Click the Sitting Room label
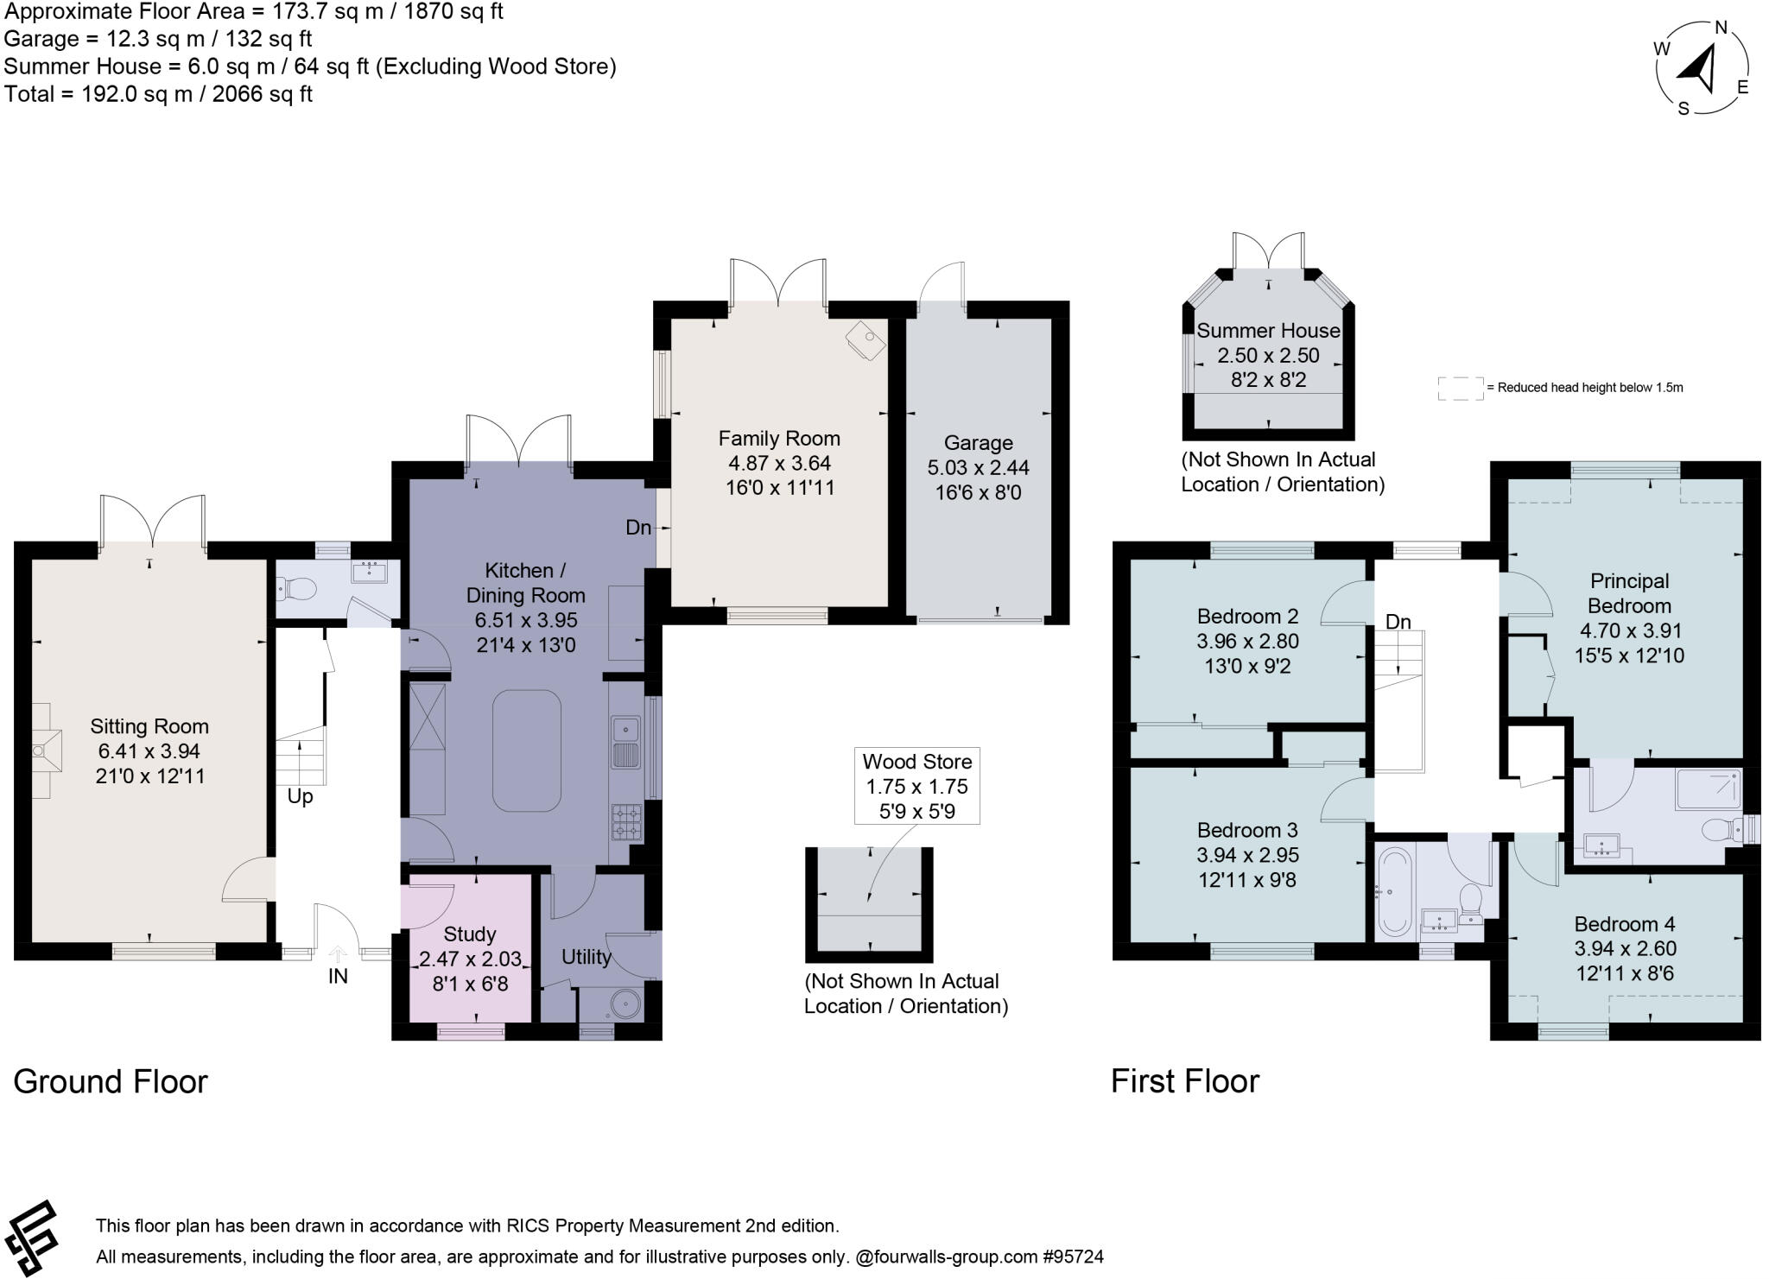coord(149,726)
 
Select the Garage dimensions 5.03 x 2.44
coord(978,467)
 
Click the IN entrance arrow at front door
coord(338,955)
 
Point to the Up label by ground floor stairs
coord(300,796)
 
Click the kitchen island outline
coord(526,750)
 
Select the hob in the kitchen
coord(626,822)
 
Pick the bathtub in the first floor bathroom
coord(1393,891)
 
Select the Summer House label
coord(1268,331)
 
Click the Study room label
coord(469,934)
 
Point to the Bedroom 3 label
coord(1246,830)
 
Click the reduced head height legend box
coord(1460,389)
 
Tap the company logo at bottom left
coord(31,1238)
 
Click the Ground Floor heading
coord(111,1081)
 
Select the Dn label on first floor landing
coord(1398,622)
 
